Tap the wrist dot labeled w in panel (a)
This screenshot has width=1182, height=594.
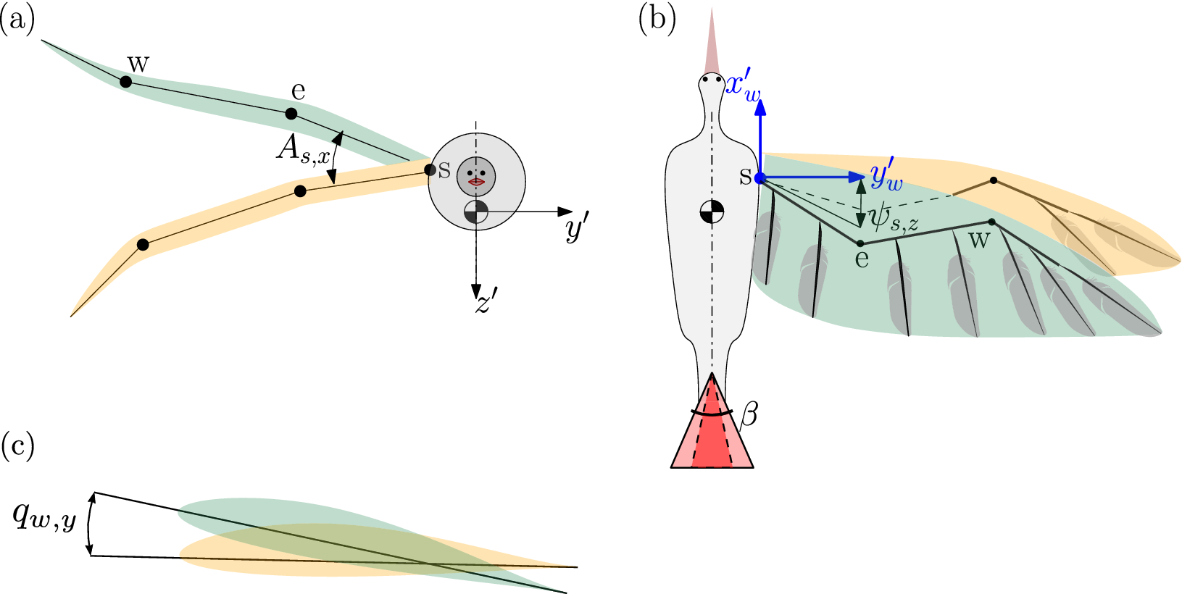tap(125, 83)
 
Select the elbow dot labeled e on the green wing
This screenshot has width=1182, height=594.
tap(291, 114)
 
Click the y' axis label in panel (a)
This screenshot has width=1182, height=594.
tap(578, 231)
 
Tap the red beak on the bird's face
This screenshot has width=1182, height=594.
tap(476, 182)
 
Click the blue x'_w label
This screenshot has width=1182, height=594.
tap(744, 88)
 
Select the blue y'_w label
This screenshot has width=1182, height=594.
tap(886, 177)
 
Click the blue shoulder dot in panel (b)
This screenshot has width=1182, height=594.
tap(760, 178)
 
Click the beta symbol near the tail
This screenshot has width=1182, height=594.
tap(750, 417)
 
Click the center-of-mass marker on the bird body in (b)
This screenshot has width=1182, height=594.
tap(712, 212)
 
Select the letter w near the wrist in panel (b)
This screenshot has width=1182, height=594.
tap(979, 240)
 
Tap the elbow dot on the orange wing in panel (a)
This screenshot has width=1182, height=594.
tap(301, 191)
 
